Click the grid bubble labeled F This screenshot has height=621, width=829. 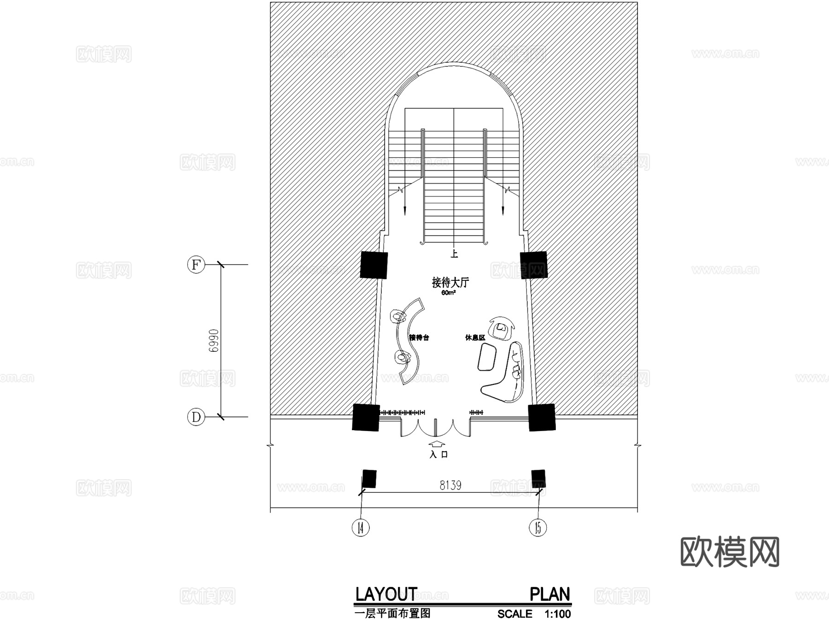196,265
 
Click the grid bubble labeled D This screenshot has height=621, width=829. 196,417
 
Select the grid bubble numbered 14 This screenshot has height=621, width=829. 361,527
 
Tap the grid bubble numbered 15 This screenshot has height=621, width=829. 537,527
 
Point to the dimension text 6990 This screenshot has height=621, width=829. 213,341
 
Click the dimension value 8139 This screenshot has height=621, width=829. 450,485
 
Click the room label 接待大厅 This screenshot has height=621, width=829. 450,282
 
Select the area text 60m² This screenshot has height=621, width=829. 448,293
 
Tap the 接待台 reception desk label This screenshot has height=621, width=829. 419,337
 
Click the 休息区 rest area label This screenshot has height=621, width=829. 475,337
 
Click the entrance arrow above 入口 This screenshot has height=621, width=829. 437,444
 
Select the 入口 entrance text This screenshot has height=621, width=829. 438,455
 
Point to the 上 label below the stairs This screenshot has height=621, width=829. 454,254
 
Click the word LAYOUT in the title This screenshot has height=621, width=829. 386,594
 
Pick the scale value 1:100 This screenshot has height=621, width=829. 557,614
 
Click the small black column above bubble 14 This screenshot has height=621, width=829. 369,479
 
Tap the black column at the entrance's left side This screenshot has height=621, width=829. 366,417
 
